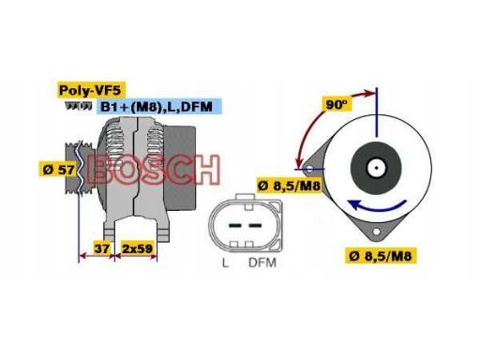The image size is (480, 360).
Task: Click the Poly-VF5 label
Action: pyautogui.click(x=89, y=91)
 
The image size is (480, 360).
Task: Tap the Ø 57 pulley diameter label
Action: pyautogui.click(x=57, y=171)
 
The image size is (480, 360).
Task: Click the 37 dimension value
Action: pyautogui.click(x=103, y=248)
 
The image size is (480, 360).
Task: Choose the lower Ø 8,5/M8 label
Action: pyautogui.click(x=382, y=255)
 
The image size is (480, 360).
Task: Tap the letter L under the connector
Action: pyautogui.click(x=225, y=263)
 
